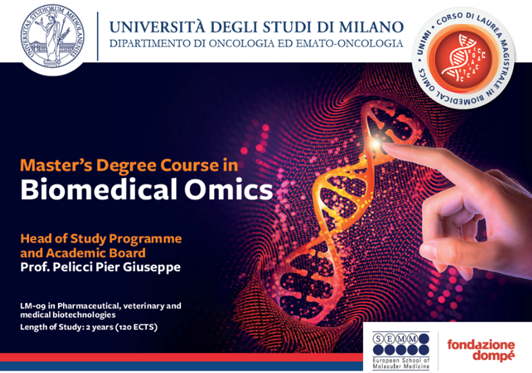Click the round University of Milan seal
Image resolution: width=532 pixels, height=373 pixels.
click(52, 36)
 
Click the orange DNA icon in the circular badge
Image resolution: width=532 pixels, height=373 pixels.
click(464, 58)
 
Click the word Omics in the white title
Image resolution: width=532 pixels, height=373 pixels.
click(229, 189)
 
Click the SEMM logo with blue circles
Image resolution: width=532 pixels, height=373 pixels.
click(401, 344)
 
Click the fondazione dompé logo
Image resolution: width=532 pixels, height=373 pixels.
click(481, 350)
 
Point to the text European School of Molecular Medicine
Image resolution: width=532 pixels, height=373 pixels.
click(401, 363)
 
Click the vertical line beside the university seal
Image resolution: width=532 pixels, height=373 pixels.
click(98, 36)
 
